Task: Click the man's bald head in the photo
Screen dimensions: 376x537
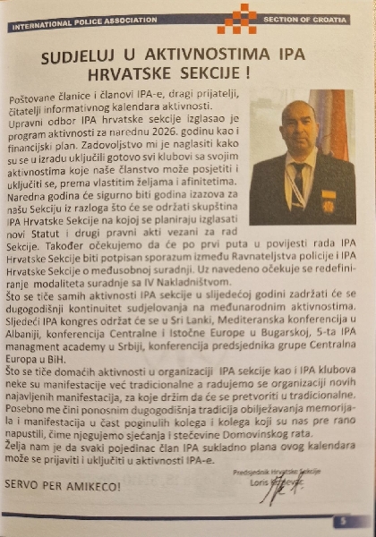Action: (299, 112)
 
